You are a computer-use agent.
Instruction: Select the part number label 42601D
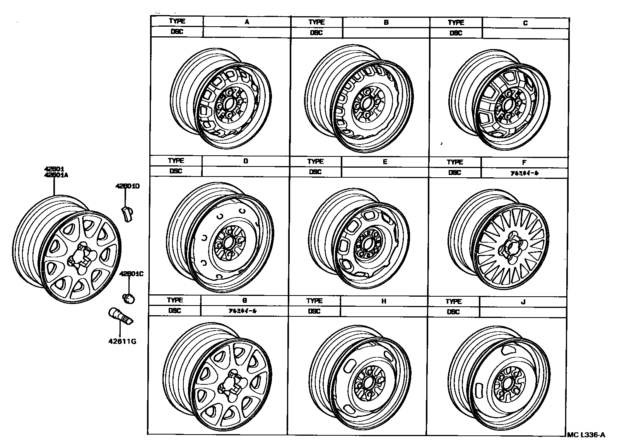point(127,186)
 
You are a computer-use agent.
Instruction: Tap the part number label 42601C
point(131,274)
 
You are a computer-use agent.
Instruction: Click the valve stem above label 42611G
point(120,316)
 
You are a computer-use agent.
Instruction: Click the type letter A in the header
point(246,22)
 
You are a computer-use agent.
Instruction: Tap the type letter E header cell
point(384,162)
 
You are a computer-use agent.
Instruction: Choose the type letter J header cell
point(523,302)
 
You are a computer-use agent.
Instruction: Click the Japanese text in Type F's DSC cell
point(524,173)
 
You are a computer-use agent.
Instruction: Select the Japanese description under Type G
point(244,311)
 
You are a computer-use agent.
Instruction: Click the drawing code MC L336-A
point(586,435)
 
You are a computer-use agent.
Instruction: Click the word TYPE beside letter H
point(314,301)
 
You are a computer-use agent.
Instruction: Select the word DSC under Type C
point(456,33)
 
